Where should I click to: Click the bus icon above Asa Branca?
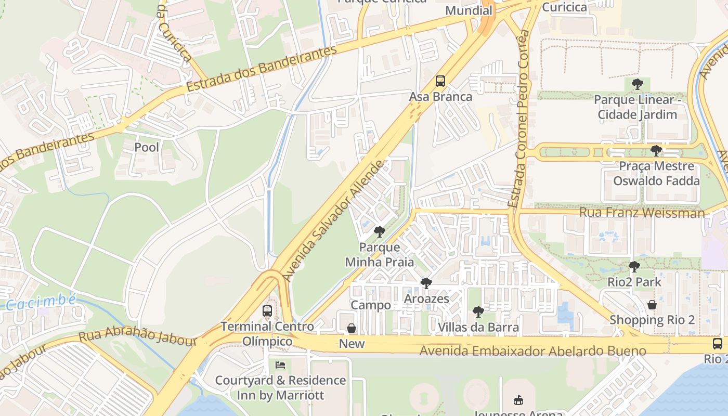[440, 81]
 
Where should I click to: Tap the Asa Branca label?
[440, 97]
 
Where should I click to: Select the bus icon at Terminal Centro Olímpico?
[267, 311]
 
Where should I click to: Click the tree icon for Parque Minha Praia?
[380, 231]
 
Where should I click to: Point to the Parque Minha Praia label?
[380, 254]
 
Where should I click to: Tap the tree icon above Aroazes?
[426, 283]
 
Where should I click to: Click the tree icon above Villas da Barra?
[478, 312]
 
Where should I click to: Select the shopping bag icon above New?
[352, 328]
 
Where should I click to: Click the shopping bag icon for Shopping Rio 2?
[652, 305]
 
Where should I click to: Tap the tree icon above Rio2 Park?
[634, 267]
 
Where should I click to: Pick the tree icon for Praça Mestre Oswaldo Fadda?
[656, 151]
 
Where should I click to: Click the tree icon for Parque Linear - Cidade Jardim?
[637, 84]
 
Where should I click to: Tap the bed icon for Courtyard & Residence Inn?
[280, 365]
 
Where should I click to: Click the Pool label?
[147, 147]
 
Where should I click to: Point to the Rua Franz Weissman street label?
[642, 213]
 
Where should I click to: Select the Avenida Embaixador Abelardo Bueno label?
[532, 352]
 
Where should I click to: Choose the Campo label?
[371, 305]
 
